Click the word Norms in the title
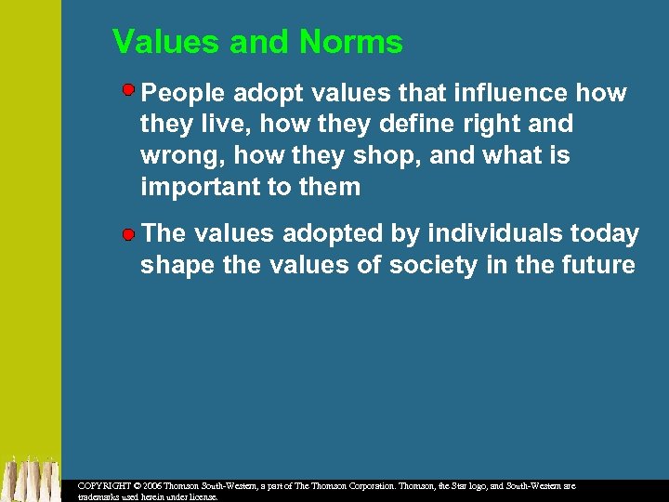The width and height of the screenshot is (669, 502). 351,42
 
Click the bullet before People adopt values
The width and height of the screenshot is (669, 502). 130,90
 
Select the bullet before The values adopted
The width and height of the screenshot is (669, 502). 129,233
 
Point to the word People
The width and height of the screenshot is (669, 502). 183,93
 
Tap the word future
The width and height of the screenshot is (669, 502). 598,265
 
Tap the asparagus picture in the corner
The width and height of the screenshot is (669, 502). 31,479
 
